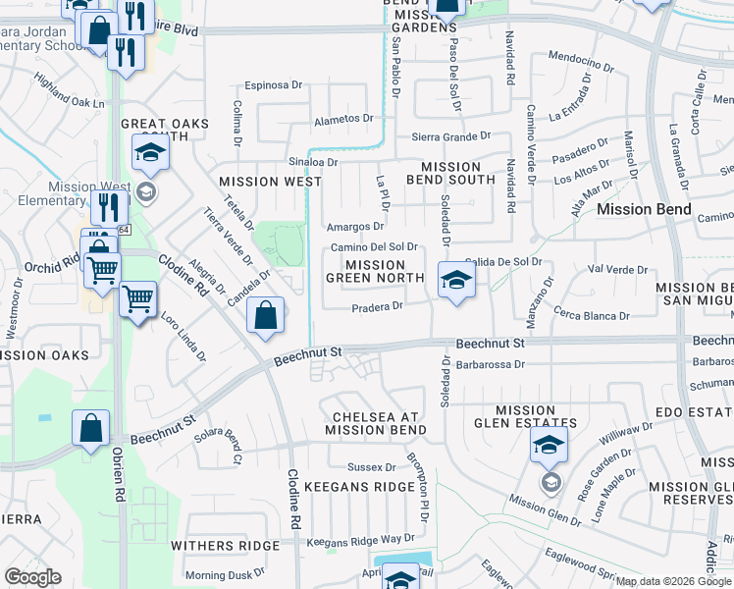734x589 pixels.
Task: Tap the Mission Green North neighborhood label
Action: click(x=375, y=271)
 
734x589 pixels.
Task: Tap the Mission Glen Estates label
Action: click(x=525, y=416)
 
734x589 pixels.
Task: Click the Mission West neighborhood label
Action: click(x=270, y=182)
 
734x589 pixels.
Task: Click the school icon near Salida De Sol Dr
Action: click(x=455, y=281)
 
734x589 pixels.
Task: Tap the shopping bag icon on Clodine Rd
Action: click(x=266, y=315)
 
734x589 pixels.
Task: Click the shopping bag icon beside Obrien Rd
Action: click(x=91, y=428)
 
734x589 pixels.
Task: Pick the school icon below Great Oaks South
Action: click(x=151, y=152)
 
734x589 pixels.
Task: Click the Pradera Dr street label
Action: click(x=378, y=306)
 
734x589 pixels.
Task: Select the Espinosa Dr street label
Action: click(x=274, y=85)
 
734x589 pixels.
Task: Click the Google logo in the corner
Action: click(x=32, y=577)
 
